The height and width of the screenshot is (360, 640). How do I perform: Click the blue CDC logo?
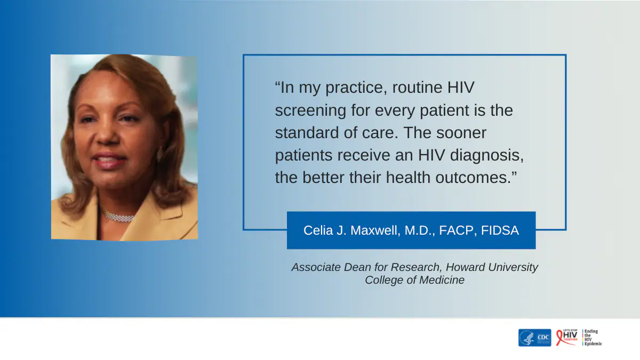point(534,338)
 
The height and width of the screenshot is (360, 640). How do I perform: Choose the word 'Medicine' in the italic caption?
point(441,280)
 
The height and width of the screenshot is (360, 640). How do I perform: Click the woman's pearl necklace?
point(118,216)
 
